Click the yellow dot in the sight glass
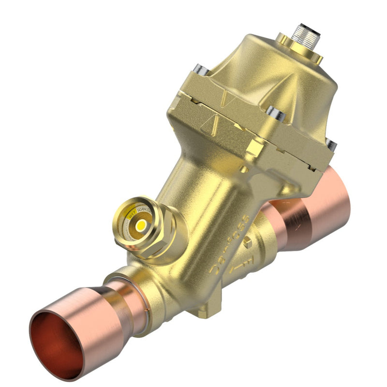[x=141, y=226]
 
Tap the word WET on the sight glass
[x=131, y=211]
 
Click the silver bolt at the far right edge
[x=331, y=144]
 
